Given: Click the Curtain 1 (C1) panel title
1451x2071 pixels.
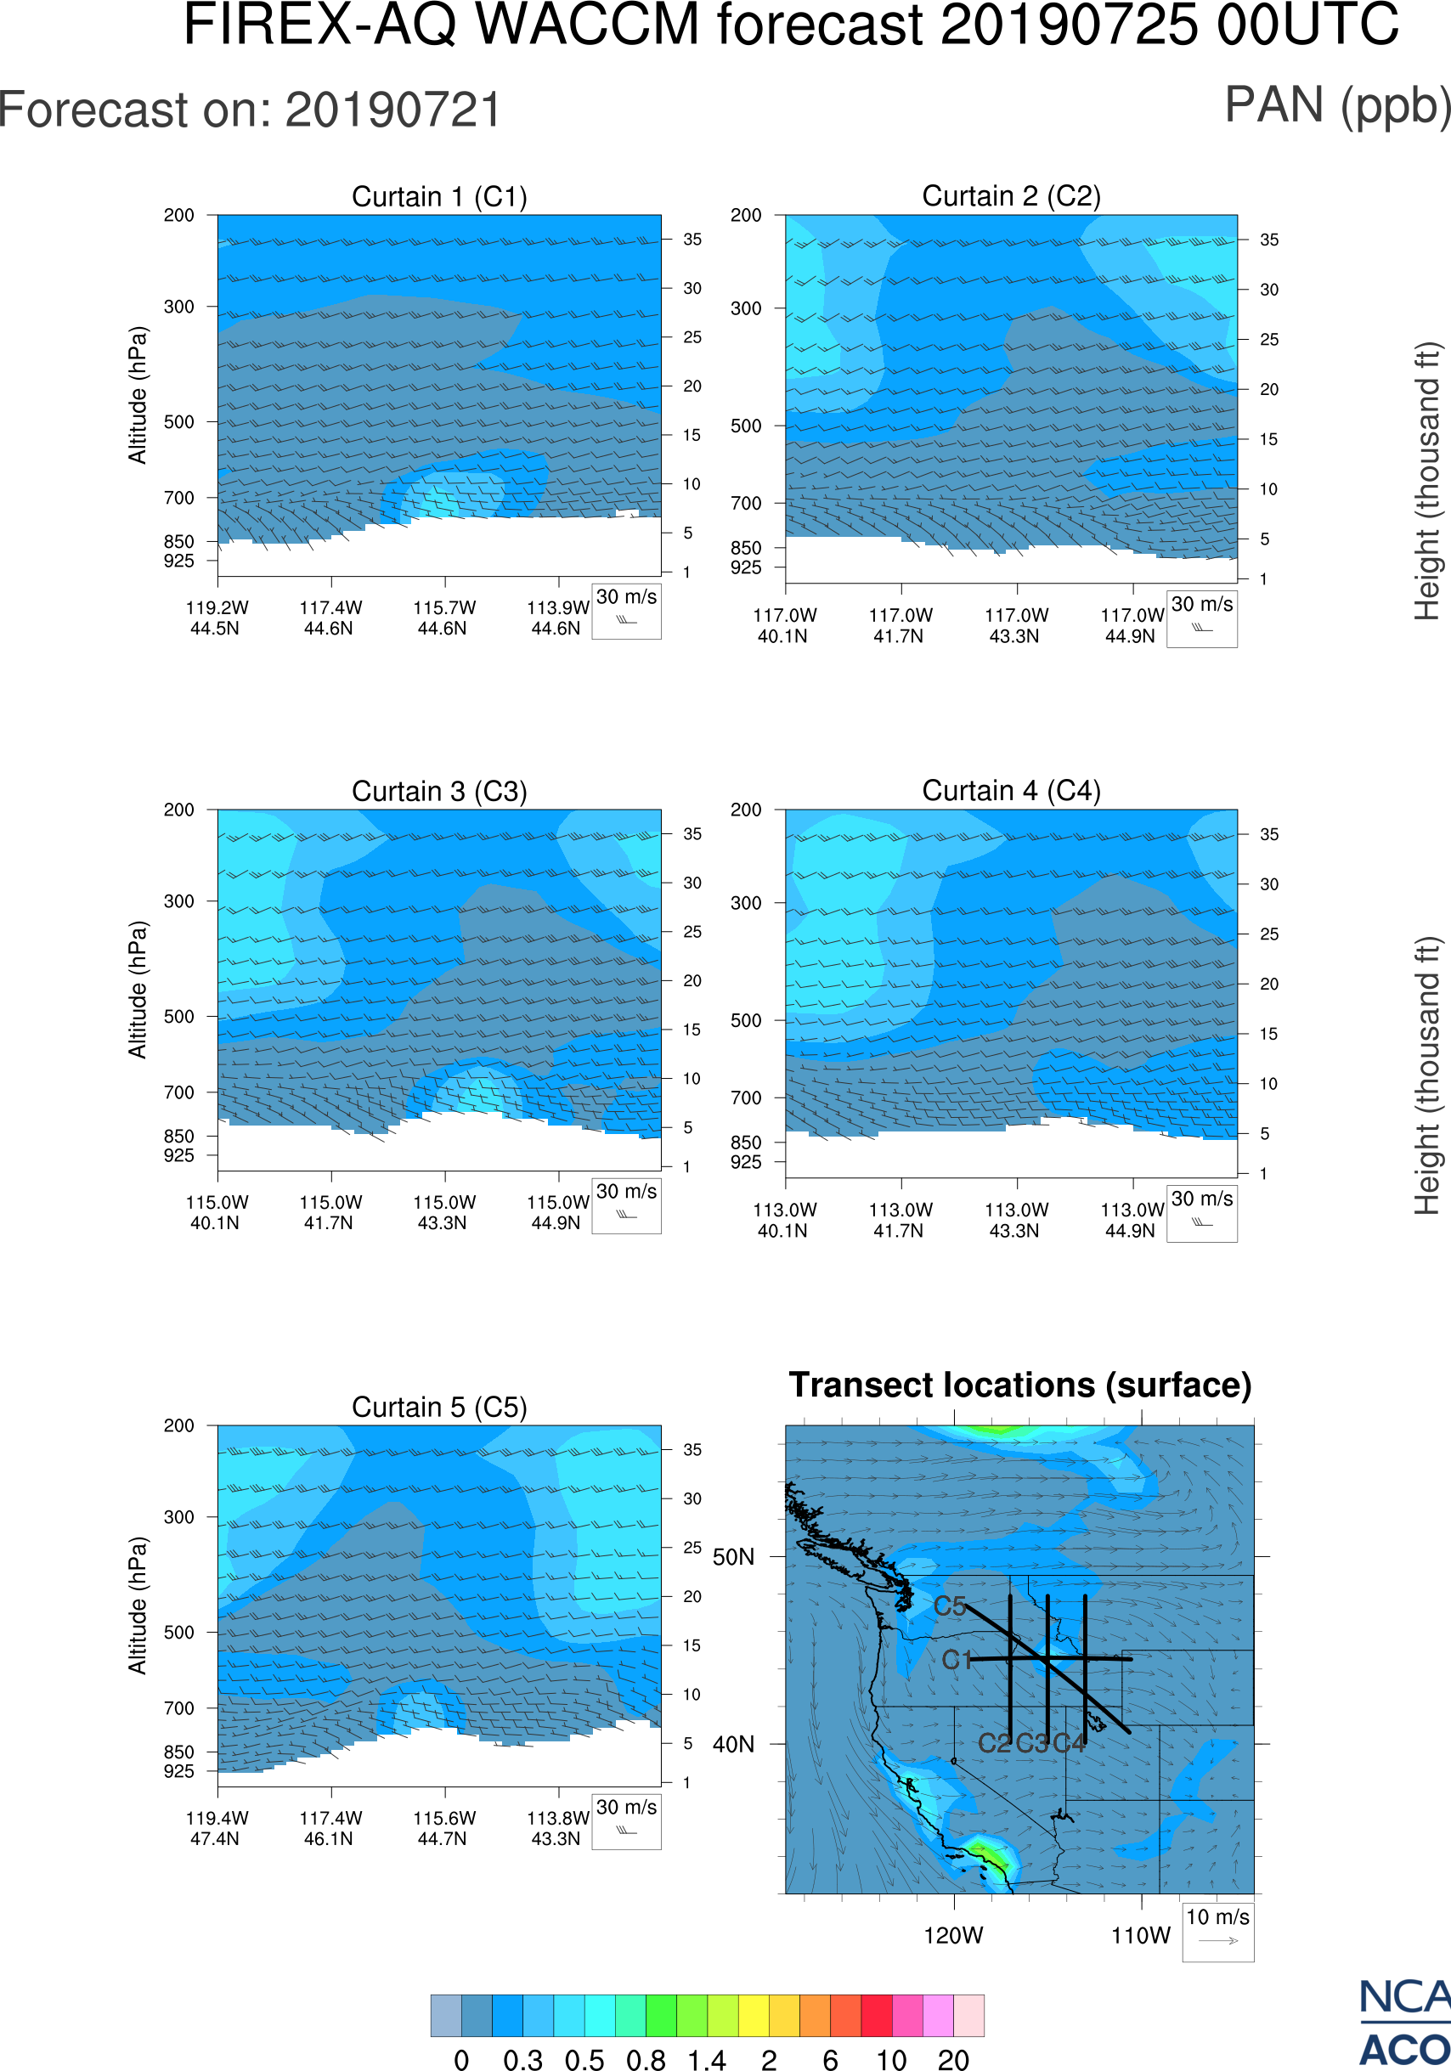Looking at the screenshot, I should pos(439,196).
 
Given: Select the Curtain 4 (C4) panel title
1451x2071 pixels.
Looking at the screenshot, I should pos(1011,791).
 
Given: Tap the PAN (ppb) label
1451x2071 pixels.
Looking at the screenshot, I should pos(1337,105).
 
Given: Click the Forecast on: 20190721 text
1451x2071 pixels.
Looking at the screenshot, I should pos(250,111).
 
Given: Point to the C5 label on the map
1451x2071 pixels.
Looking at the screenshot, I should pos(950,1606).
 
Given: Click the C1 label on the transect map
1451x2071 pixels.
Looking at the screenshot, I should pos(956,1660).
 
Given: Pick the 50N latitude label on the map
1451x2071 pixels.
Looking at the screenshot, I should pos(733,1558).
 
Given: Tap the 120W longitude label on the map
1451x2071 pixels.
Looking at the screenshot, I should pos(953,1936).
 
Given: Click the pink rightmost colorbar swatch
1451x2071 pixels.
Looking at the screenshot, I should pos(968,2015).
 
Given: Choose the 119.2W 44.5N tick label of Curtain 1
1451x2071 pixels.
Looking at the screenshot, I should pos(217,618).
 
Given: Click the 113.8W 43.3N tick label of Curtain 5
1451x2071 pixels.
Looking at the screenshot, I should pos(556,1828).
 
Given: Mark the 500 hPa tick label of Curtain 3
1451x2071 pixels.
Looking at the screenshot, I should pos(178,1017).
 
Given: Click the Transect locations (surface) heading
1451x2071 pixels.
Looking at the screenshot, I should pos(1020,1385).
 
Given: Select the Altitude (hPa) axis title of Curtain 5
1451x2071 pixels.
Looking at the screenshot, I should pos(137,1605).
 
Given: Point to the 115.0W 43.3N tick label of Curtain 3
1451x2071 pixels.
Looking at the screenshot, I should pos(443,1212).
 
